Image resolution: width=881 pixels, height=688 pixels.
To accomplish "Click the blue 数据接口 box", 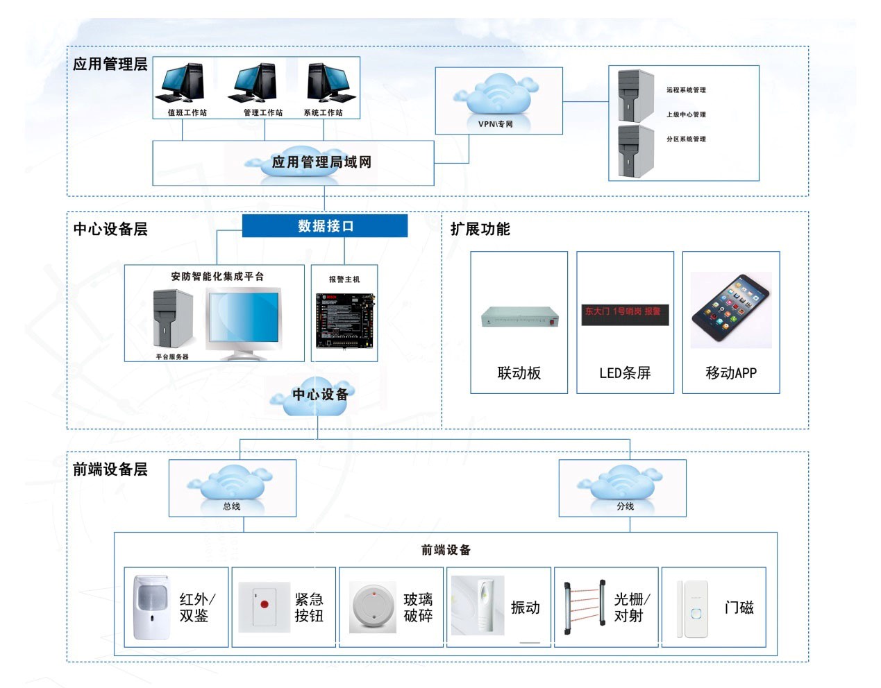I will click(324, 226).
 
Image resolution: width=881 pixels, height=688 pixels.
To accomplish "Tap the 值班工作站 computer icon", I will click(183, 83).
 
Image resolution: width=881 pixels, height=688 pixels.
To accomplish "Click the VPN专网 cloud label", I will click(496, 124).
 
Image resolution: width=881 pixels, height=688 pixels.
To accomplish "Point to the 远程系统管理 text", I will click(686, 90).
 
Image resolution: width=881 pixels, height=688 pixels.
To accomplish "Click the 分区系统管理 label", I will click(686, 139).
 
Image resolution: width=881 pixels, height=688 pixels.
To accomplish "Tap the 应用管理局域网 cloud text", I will click(321, 162).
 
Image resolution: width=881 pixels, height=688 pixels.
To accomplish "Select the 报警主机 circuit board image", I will click(345, 320).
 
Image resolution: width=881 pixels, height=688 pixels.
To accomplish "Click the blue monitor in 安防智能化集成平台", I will click(243, 317).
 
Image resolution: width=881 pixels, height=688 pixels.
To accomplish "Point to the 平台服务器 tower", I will click(172, 319).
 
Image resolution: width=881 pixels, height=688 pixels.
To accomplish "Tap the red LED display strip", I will click(624, 313).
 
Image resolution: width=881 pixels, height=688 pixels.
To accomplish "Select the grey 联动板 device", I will click(519, 317).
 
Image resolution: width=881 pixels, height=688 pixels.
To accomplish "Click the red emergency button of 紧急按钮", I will click(264, 605).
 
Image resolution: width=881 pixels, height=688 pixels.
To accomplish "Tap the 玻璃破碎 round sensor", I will click(372, 608).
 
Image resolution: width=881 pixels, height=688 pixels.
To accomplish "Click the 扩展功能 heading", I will click(480, 229).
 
